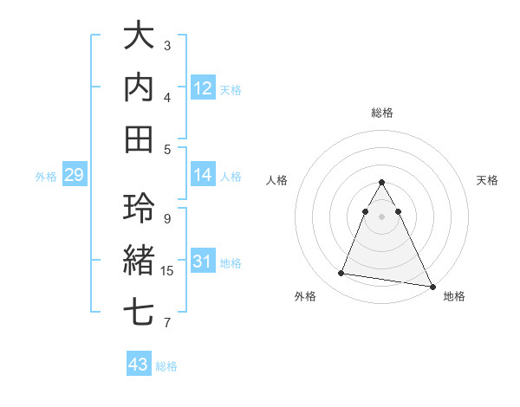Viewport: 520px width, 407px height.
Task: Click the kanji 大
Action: pyautogui.click(x=140, y=36)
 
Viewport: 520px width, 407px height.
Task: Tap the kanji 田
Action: pyautogui.click(x=140, y=138)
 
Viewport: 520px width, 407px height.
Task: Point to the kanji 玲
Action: pyautogui.click(x=140, y=209)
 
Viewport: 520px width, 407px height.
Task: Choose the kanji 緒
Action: pyautogui.click(x=140, y=261)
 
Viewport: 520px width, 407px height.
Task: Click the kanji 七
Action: pyautogui.click(x=140, y=312)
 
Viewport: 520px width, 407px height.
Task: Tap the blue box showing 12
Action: pyautogui.click(x=203, y=88)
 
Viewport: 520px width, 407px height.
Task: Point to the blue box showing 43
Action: pyautogui.click(x=139, y=365)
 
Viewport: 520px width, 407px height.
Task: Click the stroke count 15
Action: pyautogui.click(x=167, y=271)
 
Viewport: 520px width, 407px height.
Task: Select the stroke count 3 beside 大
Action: pyautogui.click(x=167, y=45)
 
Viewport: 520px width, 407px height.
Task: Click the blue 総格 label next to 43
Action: pyautogui.click(x=166, y=366)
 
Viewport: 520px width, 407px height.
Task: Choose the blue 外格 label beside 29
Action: pyautogui.click(x=46, y=177)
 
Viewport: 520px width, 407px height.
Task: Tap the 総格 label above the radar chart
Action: pyautogui.click(x=382, y=113)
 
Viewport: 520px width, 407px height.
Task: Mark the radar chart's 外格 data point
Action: pyautogui.click(x=341, y=274)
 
